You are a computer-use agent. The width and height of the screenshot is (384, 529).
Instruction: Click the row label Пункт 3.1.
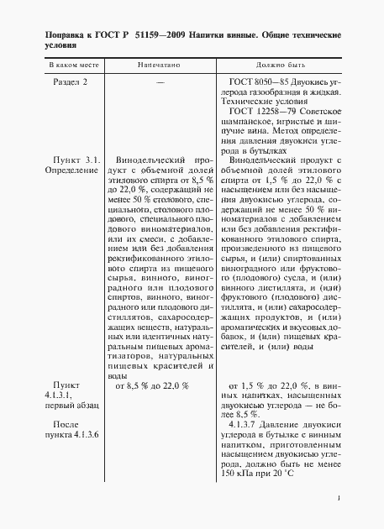point(76,159)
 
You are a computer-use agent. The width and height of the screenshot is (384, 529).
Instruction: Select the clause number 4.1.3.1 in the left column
point(63,392)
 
